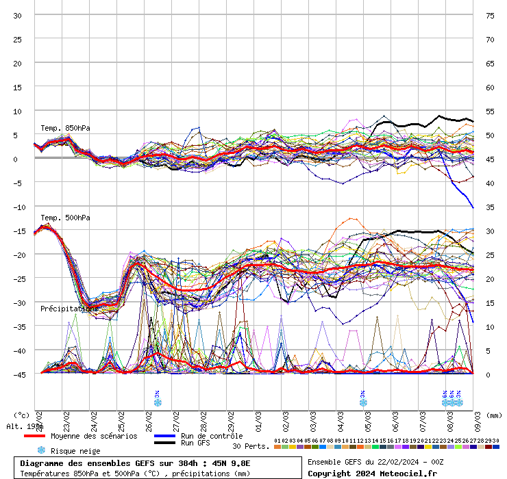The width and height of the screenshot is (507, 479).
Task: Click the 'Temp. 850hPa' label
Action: [65, 128]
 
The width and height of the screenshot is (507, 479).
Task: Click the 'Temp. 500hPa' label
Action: [65, 218]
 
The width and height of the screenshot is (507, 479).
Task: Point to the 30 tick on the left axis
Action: [17, 15]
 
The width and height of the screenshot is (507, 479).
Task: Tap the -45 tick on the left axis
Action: [17, 374]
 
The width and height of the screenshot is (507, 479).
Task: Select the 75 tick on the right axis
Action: [490, 15]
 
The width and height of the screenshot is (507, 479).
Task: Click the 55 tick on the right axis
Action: [490, 111]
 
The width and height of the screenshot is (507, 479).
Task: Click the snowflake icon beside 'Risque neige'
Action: [40, 450]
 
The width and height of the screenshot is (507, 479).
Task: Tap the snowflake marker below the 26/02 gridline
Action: [158, 402]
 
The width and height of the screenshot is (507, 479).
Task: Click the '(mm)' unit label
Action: [494, 415]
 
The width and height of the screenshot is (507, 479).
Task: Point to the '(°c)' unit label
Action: [22, 415]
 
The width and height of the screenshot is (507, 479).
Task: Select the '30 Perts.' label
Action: [251, 446]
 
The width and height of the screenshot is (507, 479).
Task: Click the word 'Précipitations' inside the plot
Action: [69, 309]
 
